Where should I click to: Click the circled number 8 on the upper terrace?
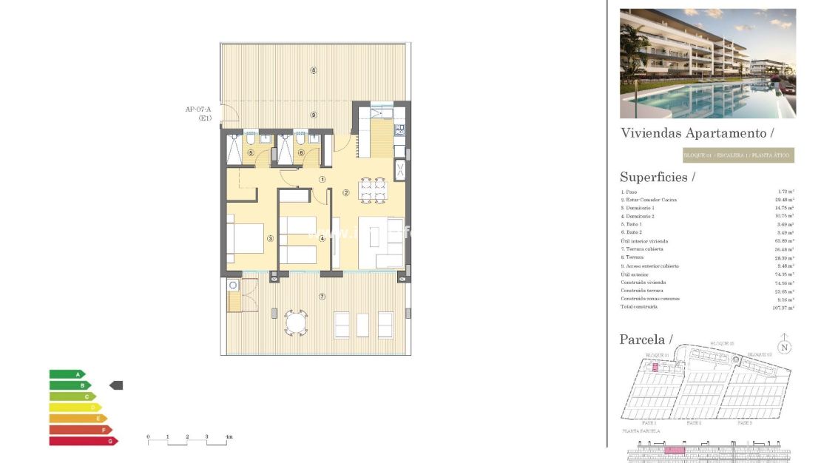[314, 71]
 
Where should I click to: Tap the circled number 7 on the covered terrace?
[322, 297]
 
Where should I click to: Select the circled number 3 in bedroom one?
[271, 238]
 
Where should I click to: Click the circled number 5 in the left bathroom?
[251, 153]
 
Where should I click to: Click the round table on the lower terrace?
[296, 322]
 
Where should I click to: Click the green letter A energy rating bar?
[67, 374]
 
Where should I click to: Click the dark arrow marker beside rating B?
[116, 385]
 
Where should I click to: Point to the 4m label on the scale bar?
[229, 437]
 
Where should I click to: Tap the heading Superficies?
[658, 178]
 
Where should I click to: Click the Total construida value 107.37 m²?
[782, 308]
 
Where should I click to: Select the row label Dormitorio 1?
[639, 208]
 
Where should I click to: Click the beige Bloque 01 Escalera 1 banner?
[737, 155]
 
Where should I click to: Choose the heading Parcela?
[646, 339]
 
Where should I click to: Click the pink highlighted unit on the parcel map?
[655, 367]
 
